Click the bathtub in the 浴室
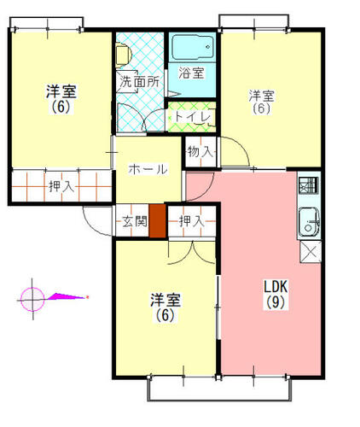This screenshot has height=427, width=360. point(193,47)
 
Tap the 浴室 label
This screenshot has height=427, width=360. point(191,73)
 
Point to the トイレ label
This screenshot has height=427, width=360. point(193,116)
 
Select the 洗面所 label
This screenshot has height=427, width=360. point(139,82)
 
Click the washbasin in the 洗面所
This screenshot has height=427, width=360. point(123,55)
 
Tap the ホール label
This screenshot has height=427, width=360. point(148,169)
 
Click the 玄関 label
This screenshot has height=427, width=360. point(135,221)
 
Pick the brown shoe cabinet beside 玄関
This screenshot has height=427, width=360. point(158,220)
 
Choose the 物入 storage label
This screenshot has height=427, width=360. point(200,152)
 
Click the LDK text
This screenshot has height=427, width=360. point(276,286)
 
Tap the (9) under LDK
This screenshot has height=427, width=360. point(276,302)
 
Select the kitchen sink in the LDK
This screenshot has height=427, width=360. point(309,222)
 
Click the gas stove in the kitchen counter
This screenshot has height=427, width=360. point(309,185)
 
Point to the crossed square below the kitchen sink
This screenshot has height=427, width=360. point(311,252)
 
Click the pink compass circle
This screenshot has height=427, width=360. point(32,299)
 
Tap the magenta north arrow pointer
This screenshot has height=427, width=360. point(67,297)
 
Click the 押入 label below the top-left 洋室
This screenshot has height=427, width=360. point(61,186)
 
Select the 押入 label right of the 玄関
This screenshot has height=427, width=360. point(192,221)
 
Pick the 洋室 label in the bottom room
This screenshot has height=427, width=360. point(165,300)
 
